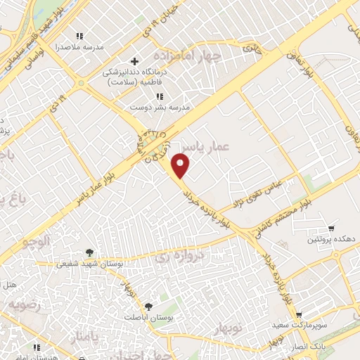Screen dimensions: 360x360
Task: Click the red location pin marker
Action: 181,165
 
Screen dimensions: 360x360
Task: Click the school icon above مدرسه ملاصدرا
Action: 79,36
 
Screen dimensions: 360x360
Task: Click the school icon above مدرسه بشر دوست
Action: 160,96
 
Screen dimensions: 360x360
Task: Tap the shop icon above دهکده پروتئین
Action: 331,229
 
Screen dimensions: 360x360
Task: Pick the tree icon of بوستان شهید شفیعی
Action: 89,252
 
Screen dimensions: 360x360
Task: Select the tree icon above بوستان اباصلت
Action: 148,306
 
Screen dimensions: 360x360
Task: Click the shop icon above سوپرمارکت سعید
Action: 299,316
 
